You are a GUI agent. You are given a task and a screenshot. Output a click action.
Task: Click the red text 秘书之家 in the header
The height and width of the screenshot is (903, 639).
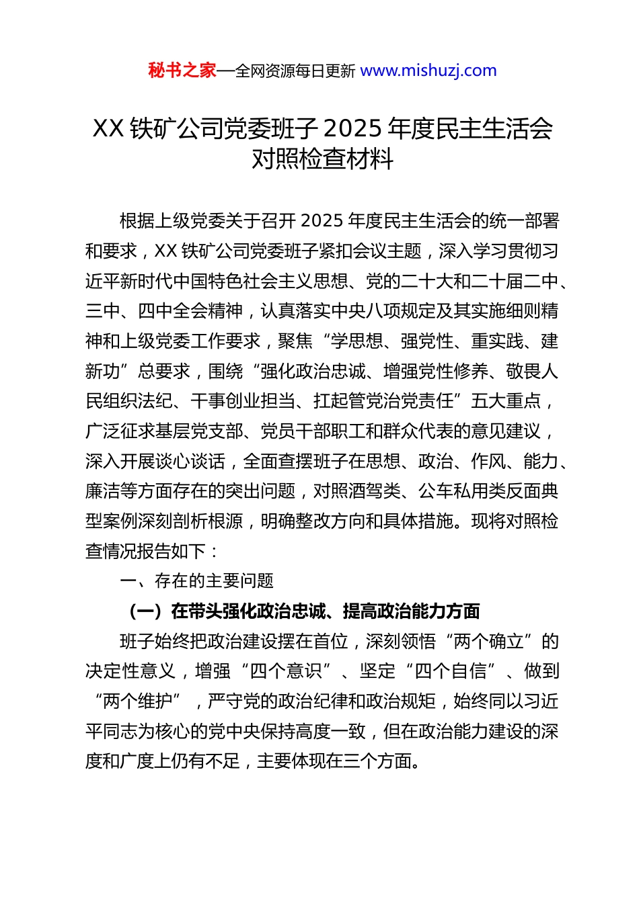(182, 71)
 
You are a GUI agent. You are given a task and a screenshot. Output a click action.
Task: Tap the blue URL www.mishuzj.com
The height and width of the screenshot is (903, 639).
(428, 71)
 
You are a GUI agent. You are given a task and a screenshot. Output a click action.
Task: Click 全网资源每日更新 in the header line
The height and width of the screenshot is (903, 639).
(295, 71)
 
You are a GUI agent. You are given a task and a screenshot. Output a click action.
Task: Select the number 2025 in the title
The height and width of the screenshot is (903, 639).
(352, 128)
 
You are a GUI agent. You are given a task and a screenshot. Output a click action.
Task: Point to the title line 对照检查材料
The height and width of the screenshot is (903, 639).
(322, 159)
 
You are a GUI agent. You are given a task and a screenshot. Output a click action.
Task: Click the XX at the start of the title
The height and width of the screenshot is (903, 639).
(108, 128)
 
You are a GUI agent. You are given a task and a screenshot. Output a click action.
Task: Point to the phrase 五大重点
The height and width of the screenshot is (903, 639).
(506, 401)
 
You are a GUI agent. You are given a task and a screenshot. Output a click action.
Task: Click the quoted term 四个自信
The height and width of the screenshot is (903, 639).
(451, 671)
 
